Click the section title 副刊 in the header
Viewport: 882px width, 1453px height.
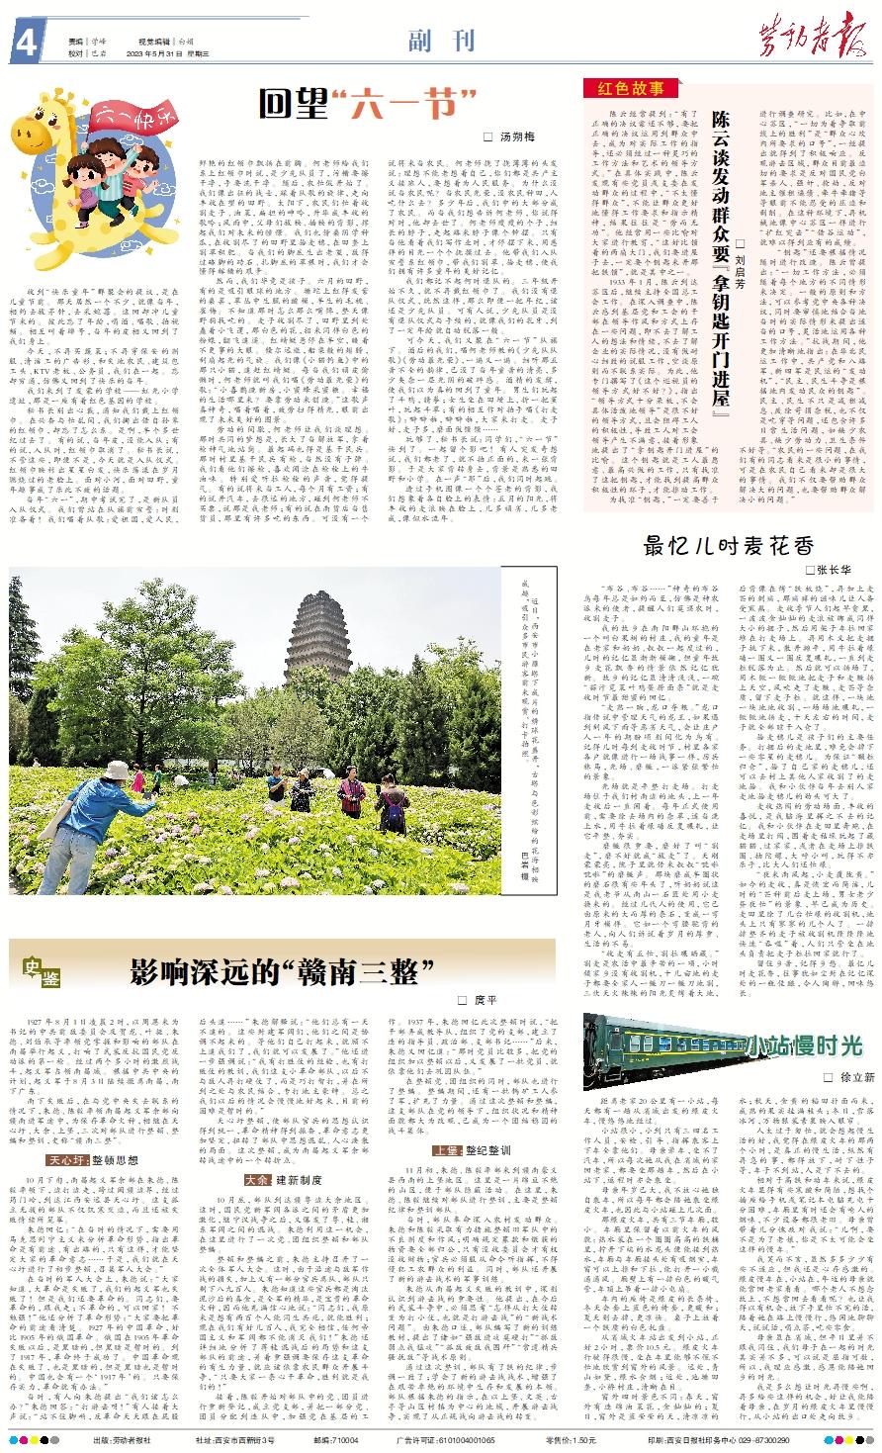441,42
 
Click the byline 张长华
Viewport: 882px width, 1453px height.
833,572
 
